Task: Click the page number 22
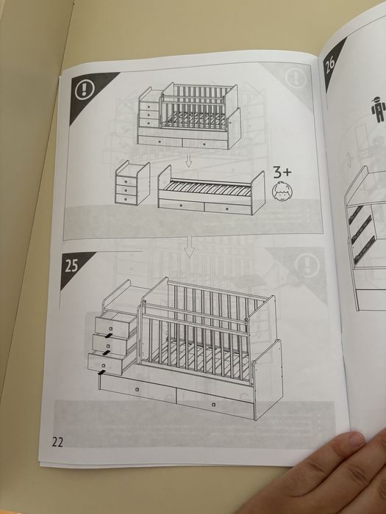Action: tap(57, 442)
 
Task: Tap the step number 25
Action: tap(71, 266)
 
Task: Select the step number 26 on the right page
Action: tap(330, 65)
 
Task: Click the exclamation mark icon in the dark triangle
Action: tap(85, 89)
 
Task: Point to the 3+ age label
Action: tap(282, 173)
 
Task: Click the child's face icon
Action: tap(282, 192)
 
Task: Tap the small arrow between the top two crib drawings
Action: tap(188, 160)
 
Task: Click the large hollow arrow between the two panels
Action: tap(189, 247)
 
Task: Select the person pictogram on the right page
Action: tap(378, 109)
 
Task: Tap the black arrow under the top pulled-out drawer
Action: tap(107, 336)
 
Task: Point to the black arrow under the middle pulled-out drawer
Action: tap(107, 352)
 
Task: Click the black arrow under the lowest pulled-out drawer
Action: tap(102, 372)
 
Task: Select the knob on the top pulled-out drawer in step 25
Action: tap(110, 328)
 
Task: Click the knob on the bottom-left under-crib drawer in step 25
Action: tap(137, 389)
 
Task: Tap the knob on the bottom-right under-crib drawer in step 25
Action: tap(214, 405)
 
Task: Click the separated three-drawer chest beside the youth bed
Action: tap(132, 183)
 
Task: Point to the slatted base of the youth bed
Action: tap(207, 189)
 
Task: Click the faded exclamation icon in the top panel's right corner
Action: tap(296, 78)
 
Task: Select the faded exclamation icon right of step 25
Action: tap(307, 266)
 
